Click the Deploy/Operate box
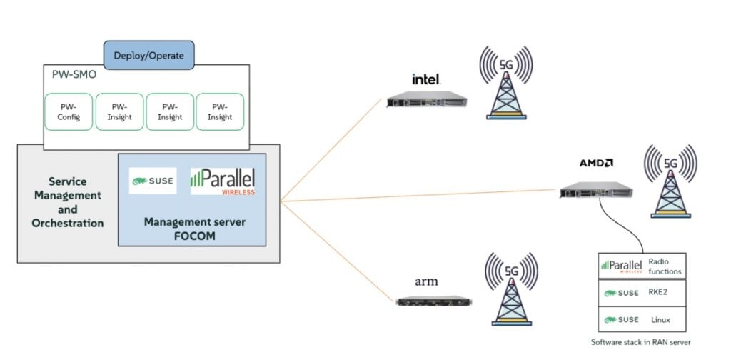point(148,56)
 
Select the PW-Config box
point(69,112)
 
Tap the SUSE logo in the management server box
point(153,181)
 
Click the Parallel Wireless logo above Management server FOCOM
point(223,181)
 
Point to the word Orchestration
point(68,223)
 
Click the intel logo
point(425,79)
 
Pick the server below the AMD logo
point(596,189)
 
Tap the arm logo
point(426,281)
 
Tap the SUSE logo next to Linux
point(620,319)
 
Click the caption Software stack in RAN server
point(641,342)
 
